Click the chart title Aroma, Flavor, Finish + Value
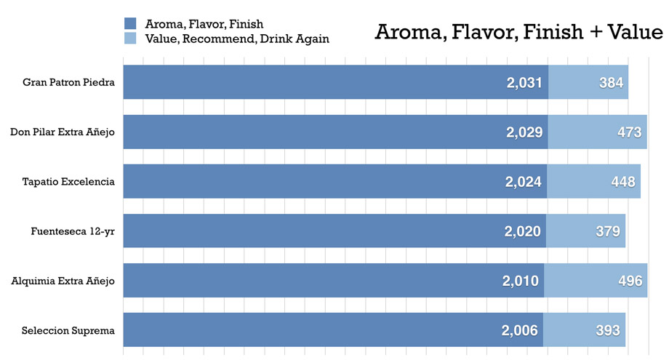[518, 33]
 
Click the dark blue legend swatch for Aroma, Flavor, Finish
[130, 24]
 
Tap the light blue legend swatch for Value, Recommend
[130, 39]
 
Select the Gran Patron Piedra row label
[68, 82]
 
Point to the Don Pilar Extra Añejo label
[63, 132]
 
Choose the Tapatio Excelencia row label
[68, 181]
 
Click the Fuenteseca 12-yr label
[73, 231]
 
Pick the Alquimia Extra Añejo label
[63, 280]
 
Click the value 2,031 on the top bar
[525, 83]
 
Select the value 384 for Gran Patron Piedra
[611, 83]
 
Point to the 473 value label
[629, 132]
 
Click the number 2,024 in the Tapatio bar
[524, 182]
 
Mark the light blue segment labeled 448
[593, 182]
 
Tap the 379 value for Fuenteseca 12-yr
[607, 231]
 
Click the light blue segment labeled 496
[596, 281]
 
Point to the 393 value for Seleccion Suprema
[607, 330]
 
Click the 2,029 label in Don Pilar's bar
[525, 132]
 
